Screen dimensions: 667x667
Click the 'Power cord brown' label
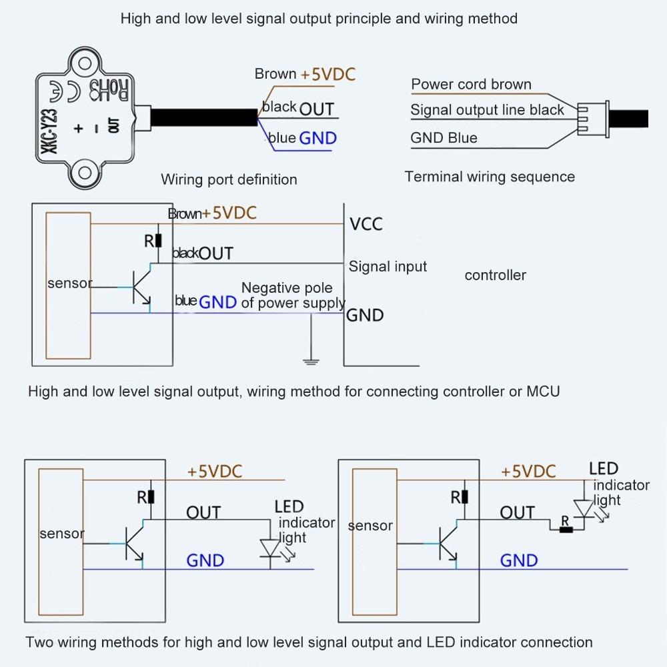(x=471, y=85)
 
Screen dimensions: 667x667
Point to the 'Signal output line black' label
(x=487, y=110)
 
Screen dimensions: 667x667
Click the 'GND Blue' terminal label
(x=444, y=138)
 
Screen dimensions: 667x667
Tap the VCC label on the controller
(x=366, y=224)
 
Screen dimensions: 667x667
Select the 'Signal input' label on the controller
(x=388, y=267)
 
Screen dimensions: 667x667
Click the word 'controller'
(x=495, y=275)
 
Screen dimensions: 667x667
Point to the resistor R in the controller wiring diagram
(x=158, y=241)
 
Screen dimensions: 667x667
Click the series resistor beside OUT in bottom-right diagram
(x=566, y=530)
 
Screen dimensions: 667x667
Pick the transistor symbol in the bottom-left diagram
(x=135, y=544)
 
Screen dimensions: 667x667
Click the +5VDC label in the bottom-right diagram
(x=528, y=472)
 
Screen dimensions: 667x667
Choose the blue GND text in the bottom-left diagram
(x=205, y=560)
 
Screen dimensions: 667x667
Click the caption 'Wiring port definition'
(x=229, y=179)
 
